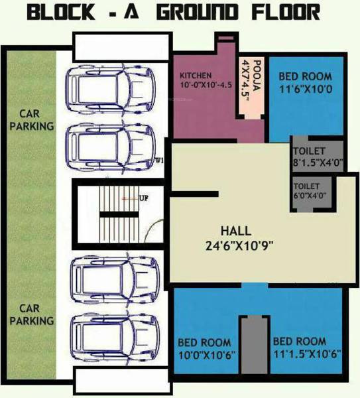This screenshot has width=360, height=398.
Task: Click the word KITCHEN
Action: [196, 76]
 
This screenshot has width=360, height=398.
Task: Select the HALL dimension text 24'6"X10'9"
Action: [239, 245]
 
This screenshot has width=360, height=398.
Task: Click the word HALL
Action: [236, 231]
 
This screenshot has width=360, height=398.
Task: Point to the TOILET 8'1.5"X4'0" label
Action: [318, 157]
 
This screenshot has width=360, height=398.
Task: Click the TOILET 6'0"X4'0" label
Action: [310, 191]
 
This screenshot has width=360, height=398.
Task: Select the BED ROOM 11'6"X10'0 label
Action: [306, 82]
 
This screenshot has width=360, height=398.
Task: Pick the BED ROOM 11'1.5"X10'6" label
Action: [306, 348]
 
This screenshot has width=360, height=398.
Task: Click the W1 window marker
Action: [158, 161]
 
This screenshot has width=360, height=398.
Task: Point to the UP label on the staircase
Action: [144, 198]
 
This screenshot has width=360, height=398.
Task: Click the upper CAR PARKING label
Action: [32, 120]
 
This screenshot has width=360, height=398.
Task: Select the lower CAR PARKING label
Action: [32, 314]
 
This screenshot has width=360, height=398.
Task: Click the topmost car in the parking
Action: [110, 90]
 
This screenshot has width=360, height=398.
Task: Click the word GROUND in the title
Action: [198, 13]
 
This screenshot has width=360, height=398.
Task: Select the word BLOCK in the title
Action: [61, 13]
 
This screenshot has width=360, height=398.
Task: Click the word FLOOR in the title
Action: [286, 13]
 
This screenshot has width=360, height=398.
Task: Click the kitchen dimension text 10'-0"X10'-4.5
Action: [206, 85]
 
